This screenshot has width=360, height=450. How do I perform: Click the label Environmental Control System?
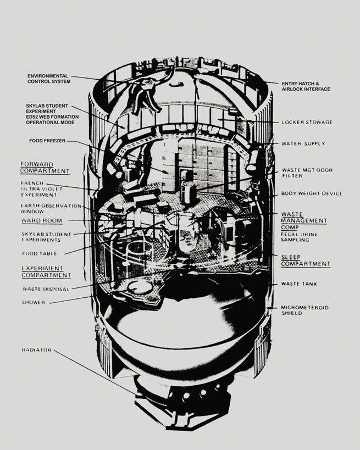pos(48,78)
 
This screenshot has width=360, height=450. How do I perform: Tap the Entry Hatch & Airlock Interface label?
pos(306,86)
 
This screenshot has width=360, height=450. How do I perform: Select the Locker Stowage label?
pos(307,122)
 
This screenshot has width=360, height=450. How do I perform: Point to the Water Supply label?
pos(303,143)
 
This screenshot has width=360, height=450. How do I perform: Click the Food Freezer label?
pos(47,141)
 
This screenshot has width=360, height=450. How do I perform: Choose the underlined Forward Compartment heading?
pos(45,167)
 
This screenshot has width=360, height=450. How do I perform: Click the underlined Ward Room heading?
pos(41,220)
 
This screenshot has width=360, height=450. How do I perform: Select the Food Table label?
pos(40,253)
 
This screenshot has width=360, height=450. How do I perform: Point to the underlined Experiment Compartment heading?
pos(46,271)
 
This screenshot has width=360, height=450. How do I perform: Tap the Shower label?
pos(34,302)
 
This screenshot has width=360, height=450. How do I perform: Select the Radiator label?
pos(37,349)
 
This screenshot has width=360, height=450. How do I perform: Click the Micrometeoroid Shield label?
pos(304,310)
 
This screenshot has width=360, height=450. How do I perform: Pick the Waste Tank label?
pos(299,284)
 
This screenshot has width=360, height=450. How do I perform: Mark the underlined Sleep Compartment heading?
pos(306,260)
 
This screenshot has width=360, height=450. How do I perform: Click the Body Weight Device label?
pos(311,193)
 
